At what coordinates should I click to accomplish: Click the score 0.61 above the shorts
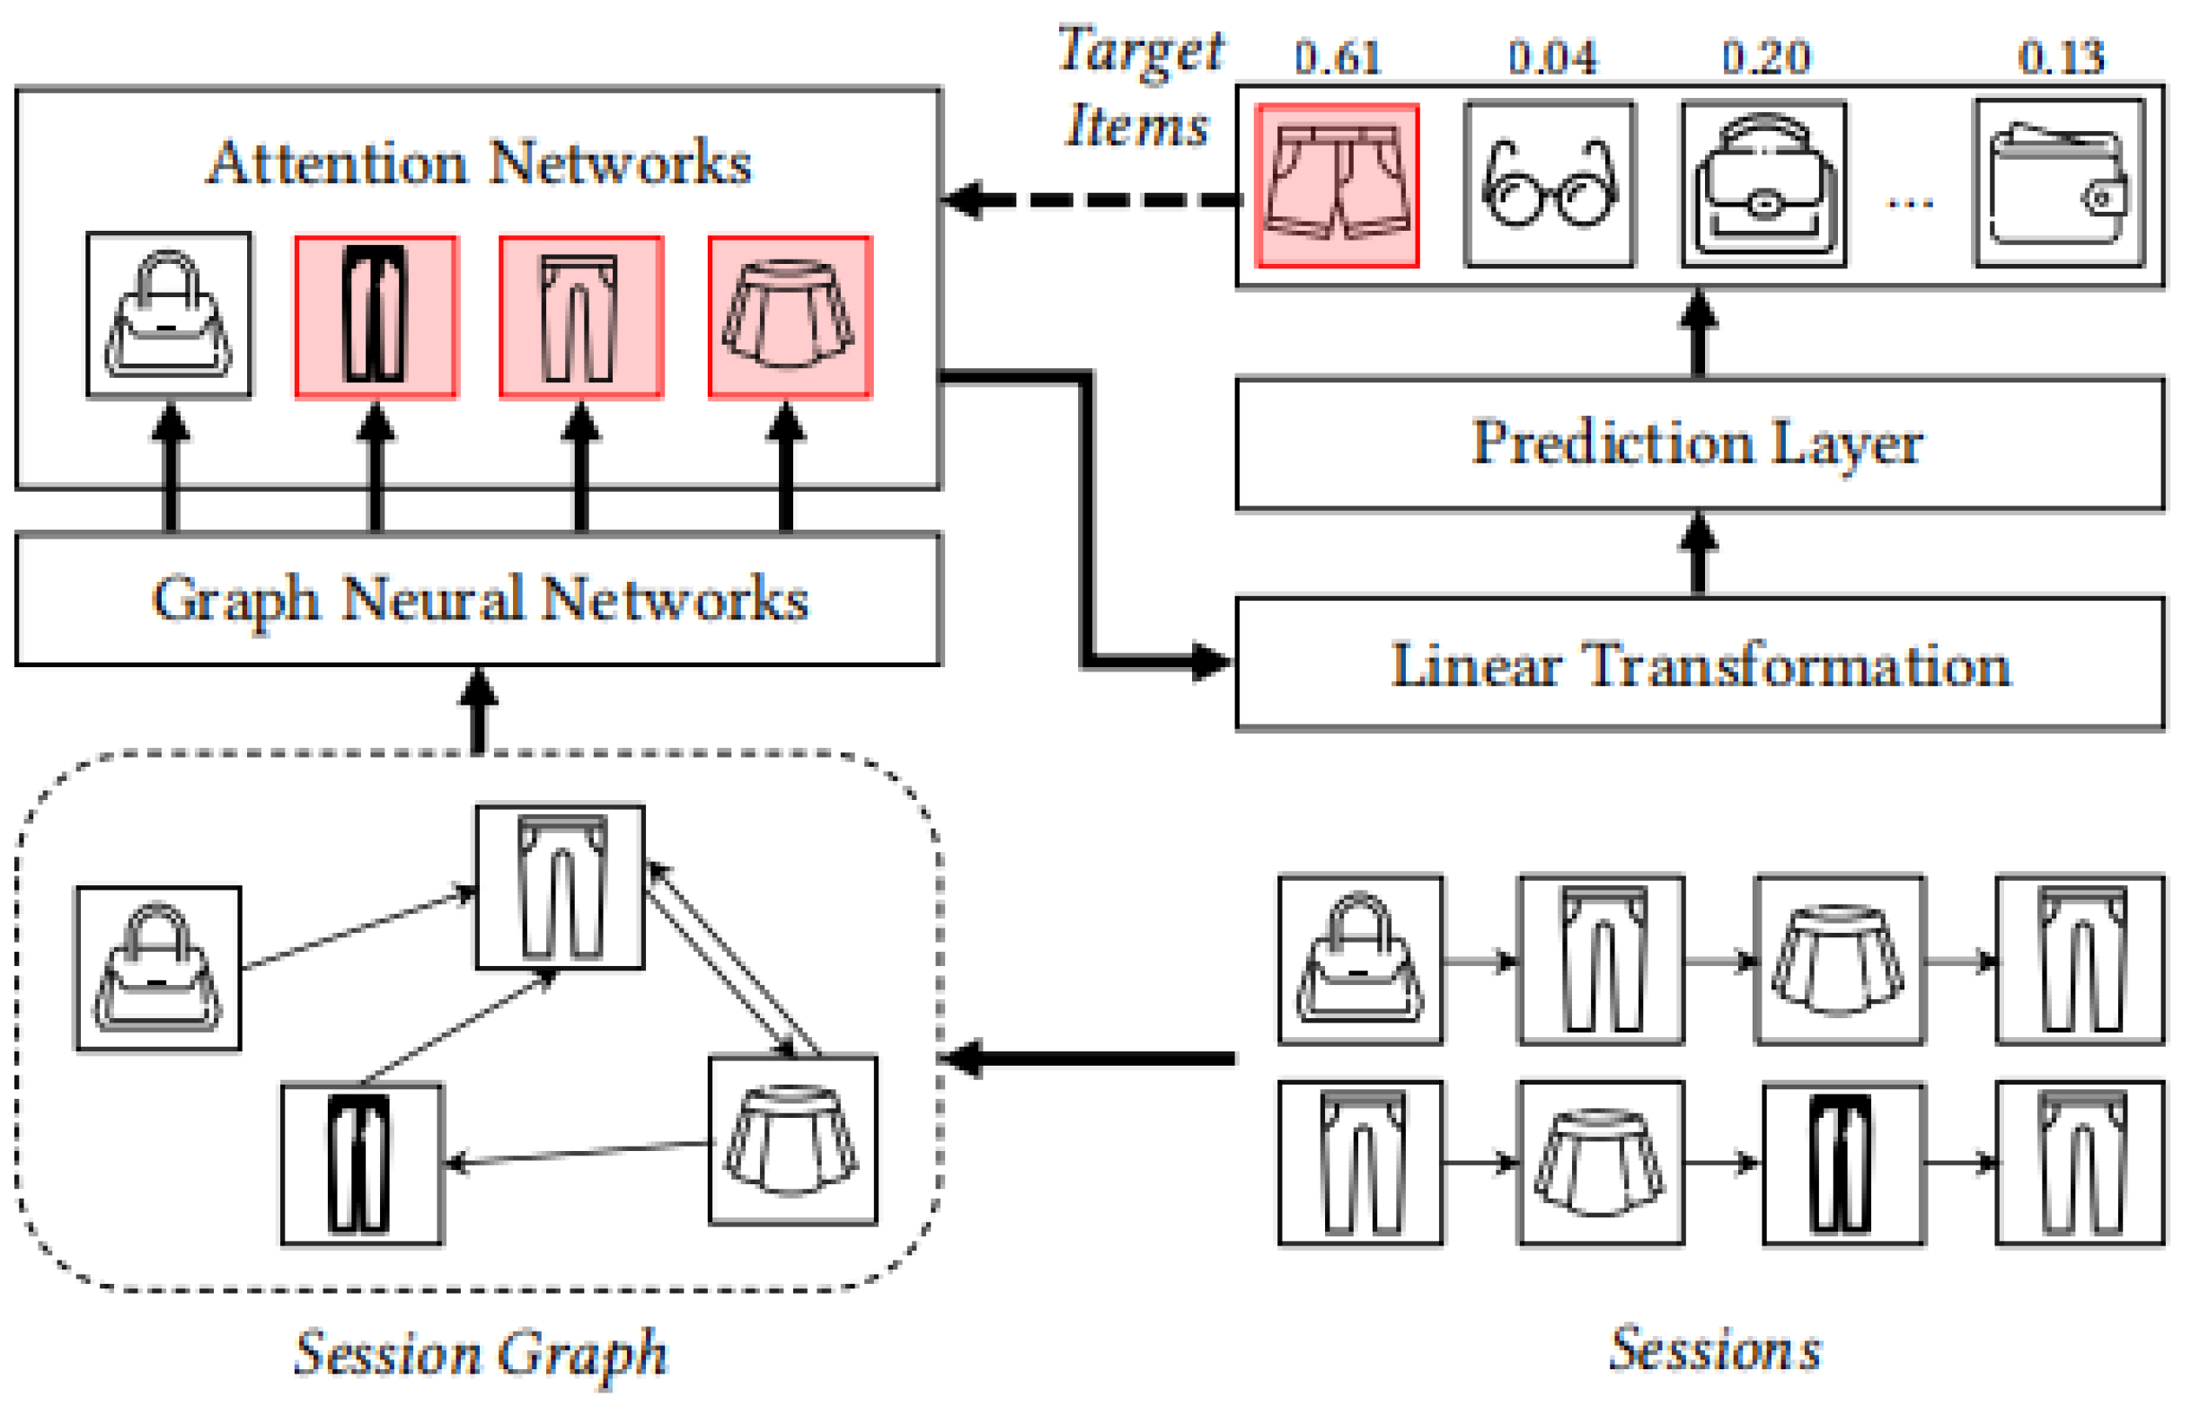[x=1338, y=57]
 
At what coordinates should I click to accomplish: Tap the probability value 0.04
[x=1552, y=57]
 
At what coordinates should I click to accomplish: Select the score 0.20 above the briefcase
[x=1765, y=57]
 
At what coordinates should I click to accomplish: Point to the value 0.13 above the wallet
[x=2061, y=57]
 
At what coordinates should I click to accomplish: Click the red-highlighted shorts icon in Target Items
[x=1338, y=186]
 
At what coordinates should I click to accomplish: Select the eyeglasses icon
[x=1550, y=184]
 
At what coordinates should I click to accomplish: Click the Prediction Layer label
[x=1698, y=444]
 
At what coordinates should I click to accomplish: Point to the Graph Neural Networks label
[x=480, y=600]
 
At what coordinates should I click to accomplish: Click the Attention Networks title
[x=479, y=163]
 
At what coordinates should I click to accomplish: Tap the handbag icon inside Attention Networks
[x=168, y=315]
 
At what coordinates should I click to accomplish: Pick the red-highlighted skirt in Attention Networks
[x=790, y=317]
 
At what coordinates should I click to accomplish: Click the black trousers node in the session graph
[x=362, y=1165]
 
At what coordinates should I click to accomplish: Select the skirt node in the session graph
[x=792, y=1140]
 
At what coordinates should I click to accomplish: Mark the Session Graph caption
[x=481, y=1353]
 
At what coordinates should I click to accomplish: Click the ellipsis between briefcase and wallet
[x=1910, y=203]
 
